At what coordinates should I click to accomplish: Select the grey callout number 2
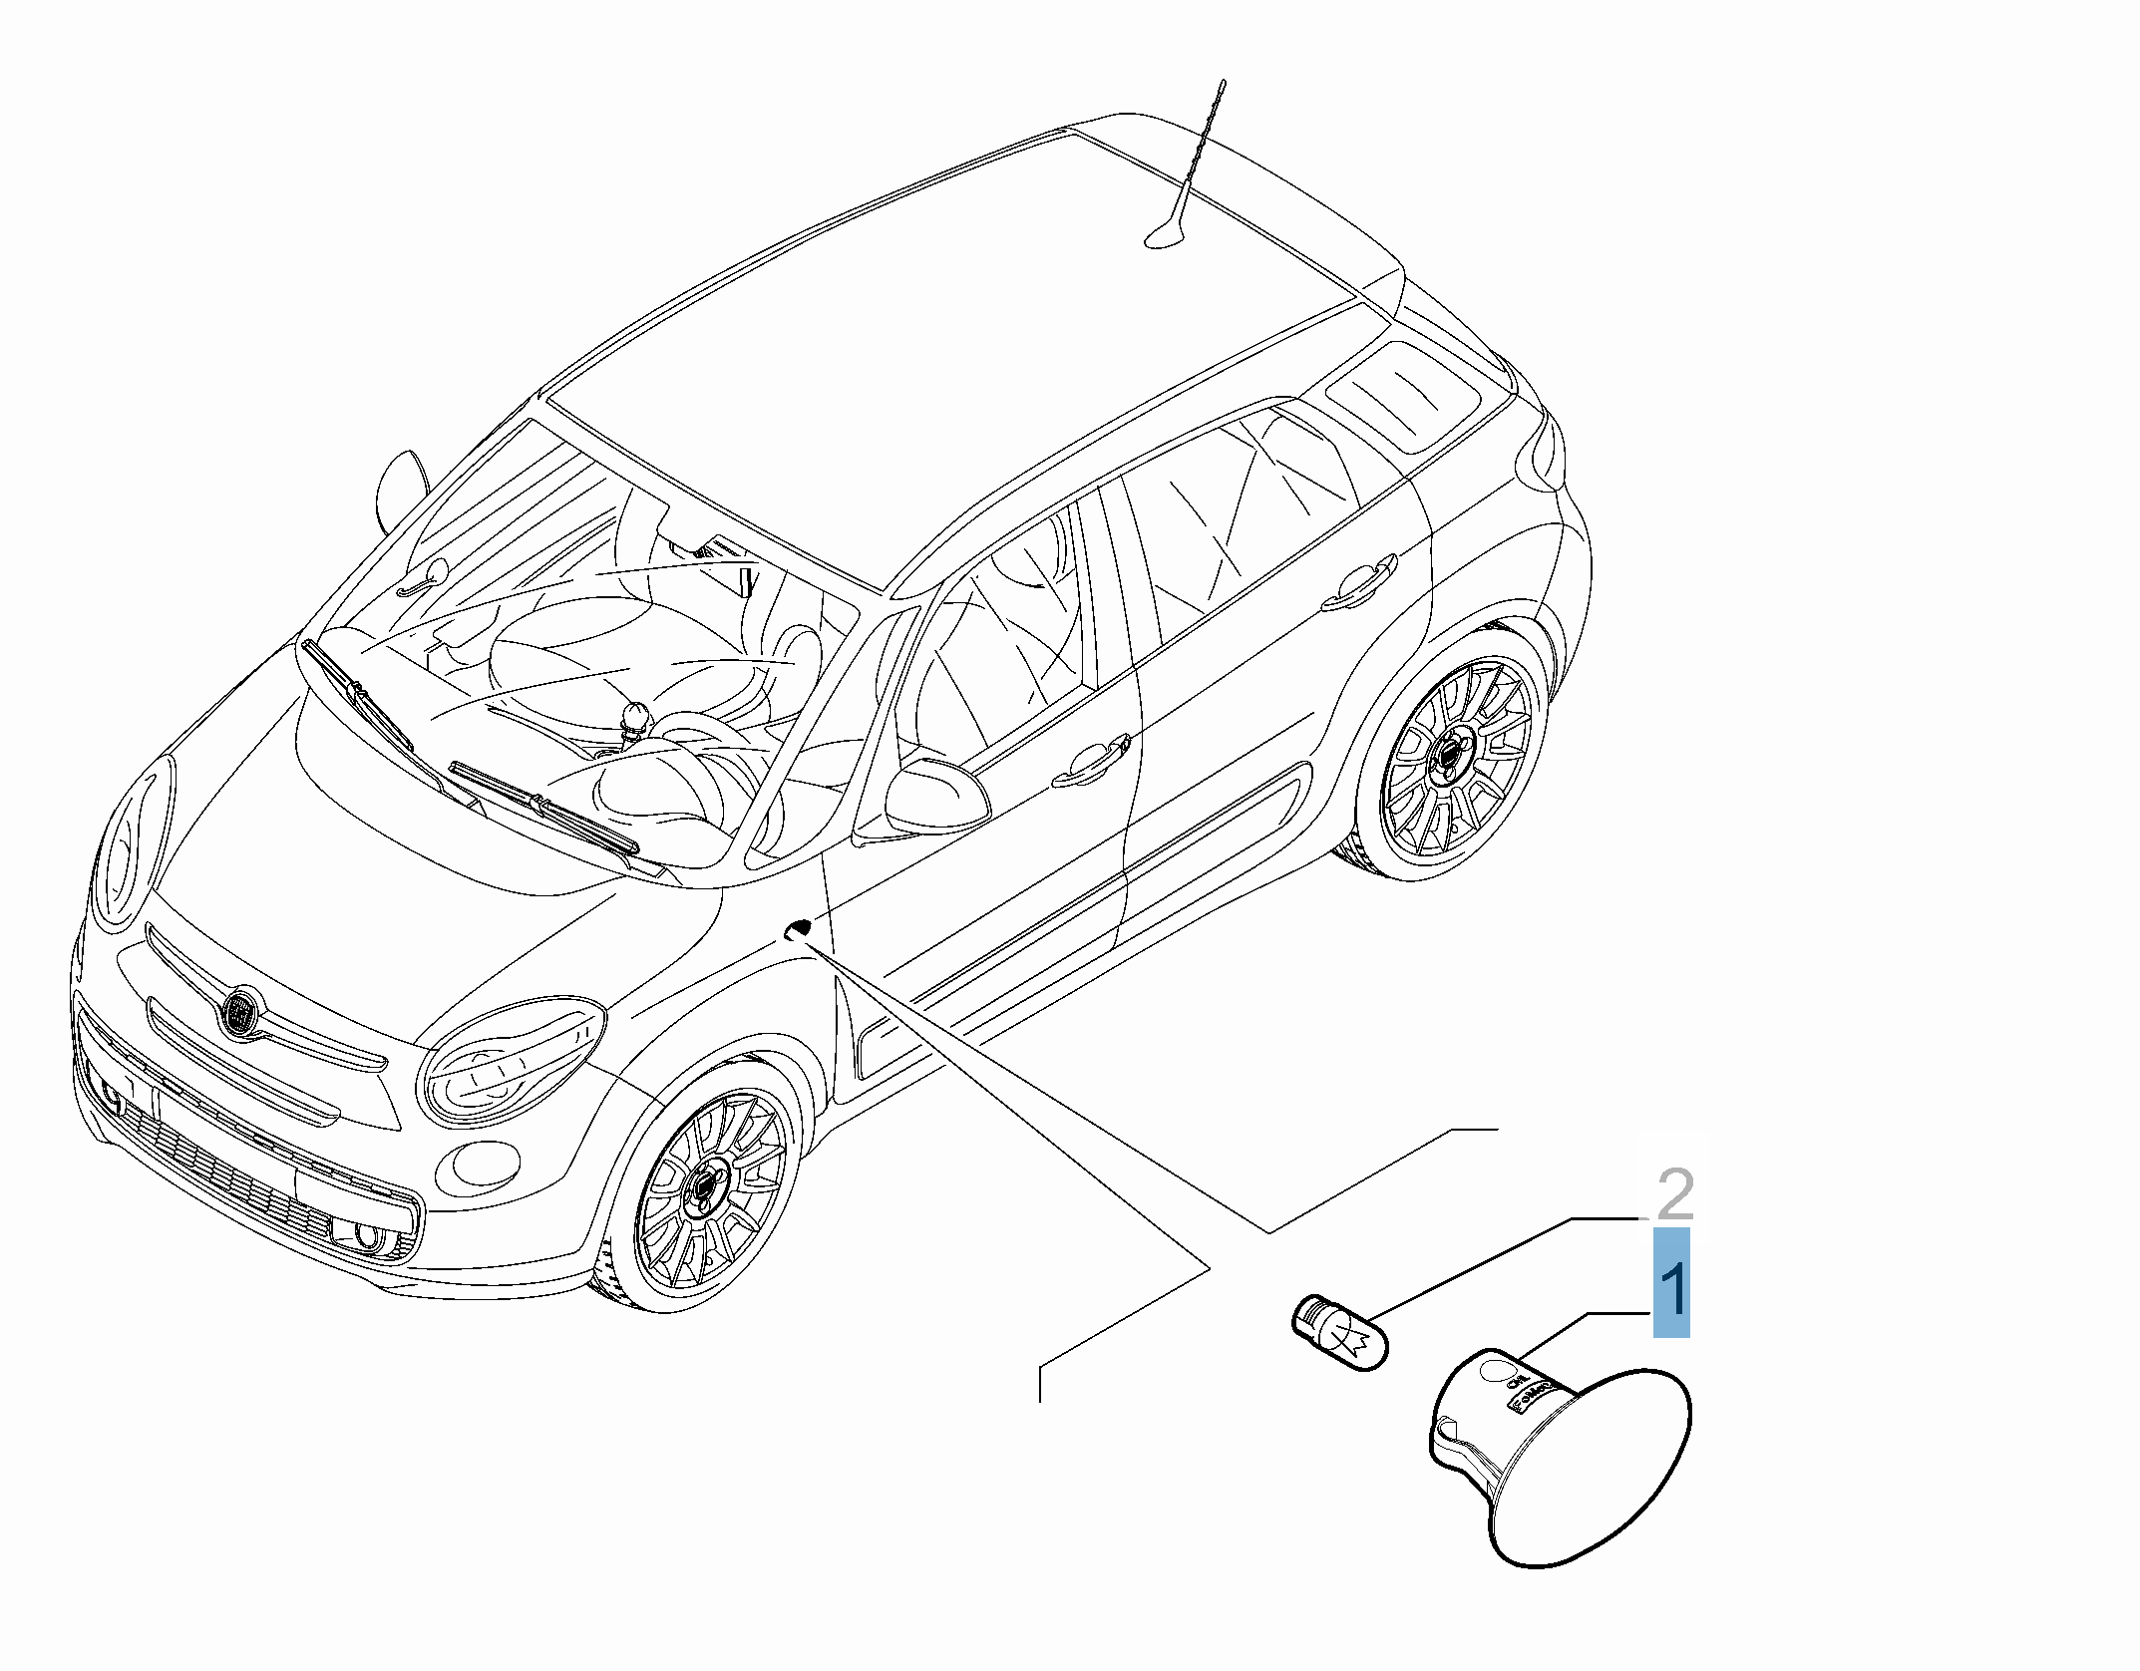point(1674,1194)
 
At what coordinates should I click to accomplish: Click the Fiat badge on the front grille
point(239,1011)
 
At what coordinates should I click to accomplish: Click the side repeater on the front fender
point(798,930)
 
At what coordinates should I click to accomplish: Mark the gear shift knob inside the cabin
point(634,718)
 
